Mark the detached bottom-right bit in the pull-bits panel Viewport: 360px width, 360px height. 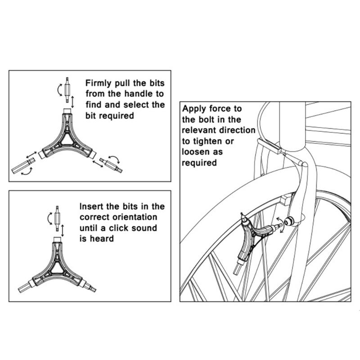click(x=110, y=165)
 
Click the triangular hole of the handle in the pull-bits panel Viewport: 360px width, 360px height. click(x=67, y=139)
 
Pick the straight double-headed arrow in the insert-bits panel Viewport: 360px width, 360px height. click(x=63, y=229)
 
